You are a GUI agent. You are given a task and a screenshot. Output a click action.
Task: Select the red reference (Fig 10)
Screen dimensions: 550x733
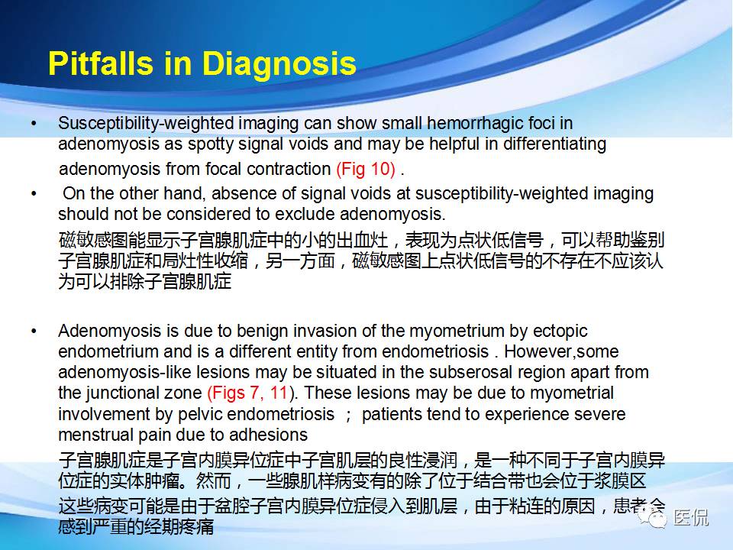click(x=366, y=169)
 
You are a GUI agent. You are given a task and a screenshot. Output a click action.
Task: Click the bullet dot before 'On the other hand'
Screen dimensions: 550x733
click(x=33, y=194)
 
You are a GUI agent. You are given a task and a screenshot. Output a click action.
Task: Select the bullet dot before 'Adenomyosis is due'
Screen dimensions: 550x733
click(x=33, y=332)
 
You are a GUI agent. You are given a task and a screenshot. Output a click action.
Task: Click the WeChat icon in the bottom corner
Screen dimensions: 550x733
click(x=655, y=519)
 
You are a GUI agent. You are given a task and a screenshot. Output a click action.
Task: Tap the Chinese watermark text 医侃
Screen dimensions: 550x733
click(x=691, y=519)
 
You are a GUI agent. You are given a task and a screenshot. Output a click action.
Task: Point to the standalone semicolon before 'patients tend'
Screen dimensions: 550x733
click(x=348, y=415)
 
